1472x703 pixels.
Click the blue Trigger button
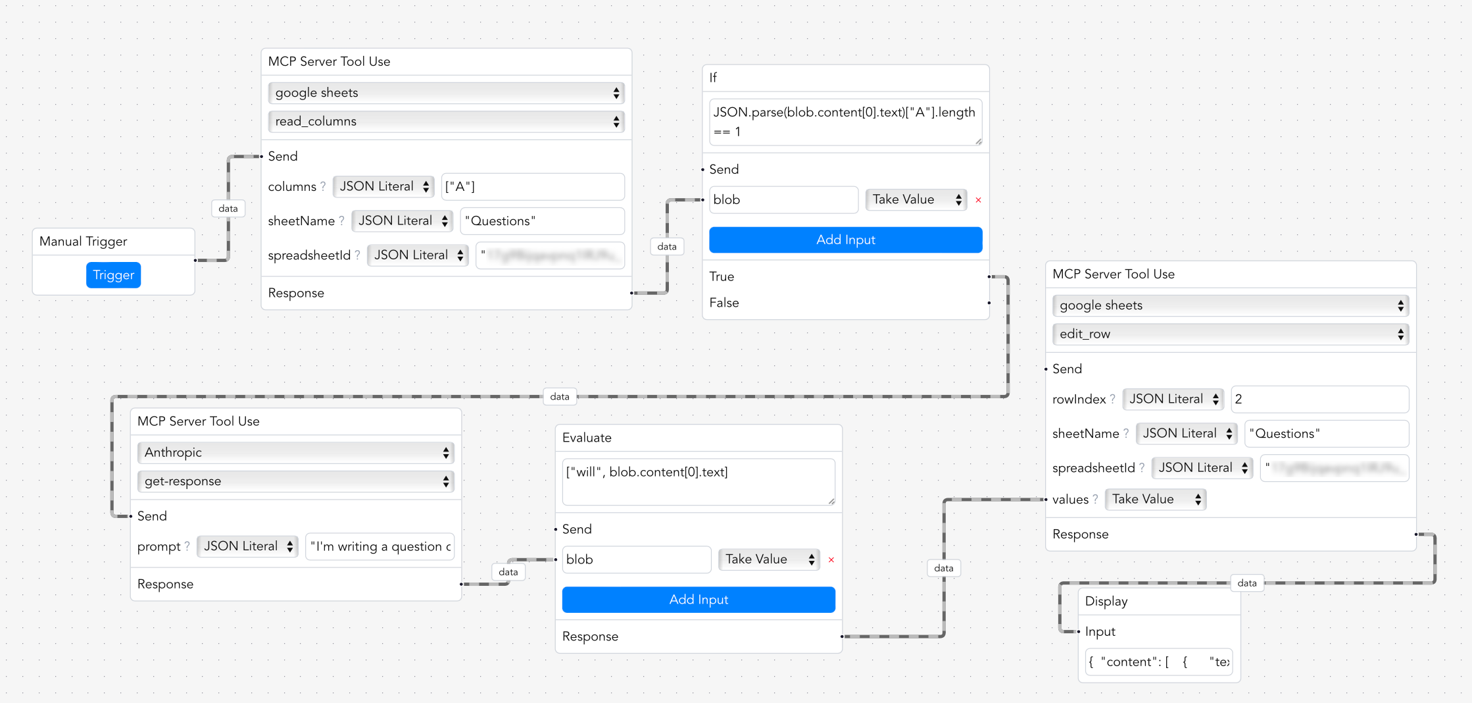pos(113,275)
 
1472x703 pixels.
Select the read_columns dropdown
pos(446,121)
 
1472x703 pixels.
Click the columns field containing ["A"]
pos(532,187)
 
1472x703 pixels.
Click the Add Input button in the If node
pos(845,240)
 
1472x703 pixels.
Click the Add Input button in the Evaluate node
pos(699,600)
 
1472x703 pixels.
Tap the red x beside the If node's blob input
pos(978,200)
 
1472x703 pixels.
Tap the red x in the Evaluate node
pos(831,560)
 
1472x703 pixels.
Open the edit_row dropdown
pos(1230,334)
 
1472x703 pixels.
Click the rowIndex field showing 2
pos(1319,399)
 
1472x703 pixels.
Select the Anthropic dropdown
pos(295,452)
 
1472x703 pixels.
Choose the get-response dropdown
pos(295,481)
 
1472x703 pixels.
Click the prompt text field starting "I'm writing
pos(380,546)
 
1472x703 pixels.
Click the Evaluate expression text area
pos(699,482)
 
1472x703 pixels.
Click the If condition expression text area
pos(845,122)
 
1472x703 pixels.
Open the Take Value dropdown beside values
pos(1155,500)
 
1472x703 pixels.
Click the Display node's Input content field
pos(1158,662)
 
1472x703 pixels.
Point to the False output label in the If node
pos(724,303)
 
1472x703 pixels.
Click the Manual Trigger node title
pos(84,242)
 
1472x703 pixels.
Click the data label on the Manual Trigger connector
pos(228,209)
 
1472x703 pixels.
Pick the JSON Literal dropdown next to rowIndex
pos(1173,399)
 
